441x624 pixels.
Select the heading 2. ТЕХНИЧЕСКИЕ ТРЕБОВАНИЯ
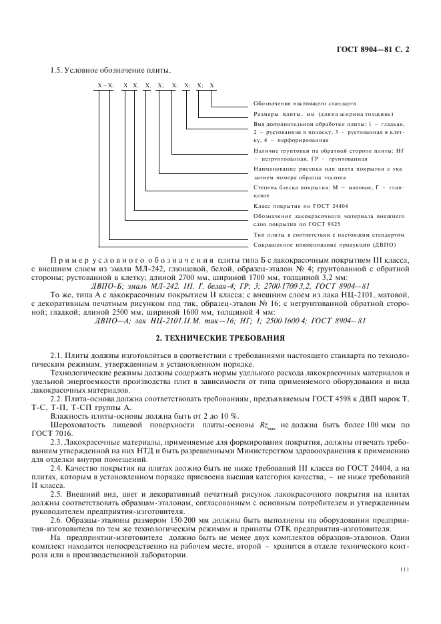(219, 339)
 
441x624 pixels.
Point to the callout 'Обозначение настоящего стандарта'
(304, 104)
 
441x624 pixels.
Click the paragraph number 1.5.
(57, 71)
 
